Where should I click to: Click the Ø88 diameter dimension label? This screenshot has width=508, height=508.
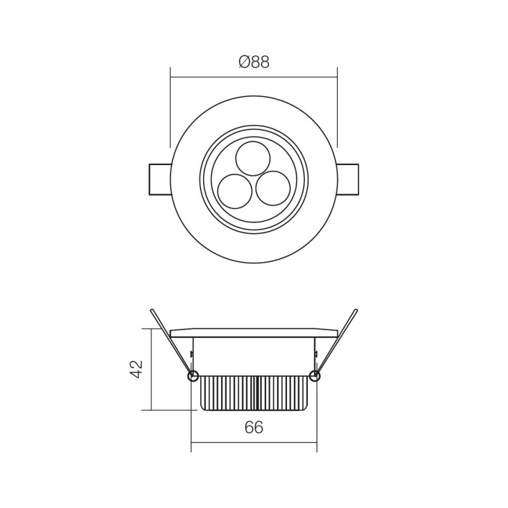(253, 62)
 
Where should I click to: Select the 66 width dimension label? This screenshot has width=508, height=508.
(253, 428)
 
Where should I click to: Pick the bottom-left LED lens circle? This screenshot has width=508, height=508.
(233, 189)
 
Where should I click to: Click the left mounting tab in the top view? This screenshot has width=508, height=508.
(159, 181)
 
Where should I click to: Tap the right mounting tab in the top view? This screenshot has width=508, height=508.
(349, 181)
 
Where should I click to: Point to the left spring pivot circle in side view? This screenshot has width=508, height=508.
(194, 376)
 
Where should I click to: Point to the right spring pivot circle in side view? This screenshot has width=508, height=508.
(314, 376)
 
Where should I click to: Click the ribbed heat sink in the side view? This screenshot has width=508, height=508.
(253, 392)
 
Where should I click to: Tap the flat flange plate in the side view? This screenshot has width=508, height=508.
(253, 333)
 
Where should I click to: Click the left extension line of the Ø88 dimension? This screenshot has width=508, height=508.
(170, 108)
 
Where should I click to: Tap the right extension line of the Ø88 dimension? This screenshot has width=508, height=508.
(337, 108)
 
